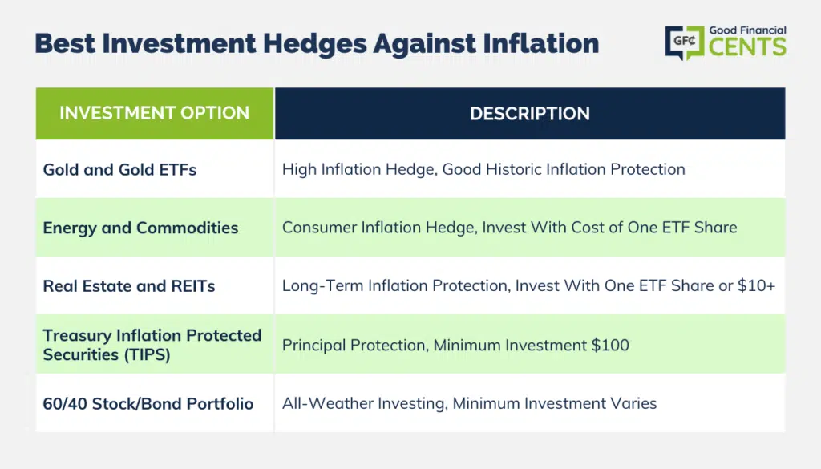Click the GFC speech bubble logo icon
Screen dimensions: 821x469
tap(685, 42)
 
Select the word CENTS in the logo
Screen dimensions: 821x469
tap(747, 46)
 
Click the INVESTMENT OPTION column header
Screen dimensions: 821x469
tap(155, 113)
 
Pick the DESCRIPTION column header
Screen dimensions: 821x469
tap(530, 114)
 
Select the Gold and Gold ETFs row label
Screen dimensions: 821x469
tap(119, 170)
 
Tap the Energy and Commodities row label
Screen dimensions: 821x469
tap(140, 228)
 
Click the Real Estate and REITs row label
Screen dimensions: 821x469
tap(129, 285)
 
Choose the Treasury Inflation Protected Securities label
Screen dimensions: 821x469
tap(152, 345)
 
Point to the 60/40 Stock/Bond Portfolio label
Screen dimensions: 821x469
tap(148, 403)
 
